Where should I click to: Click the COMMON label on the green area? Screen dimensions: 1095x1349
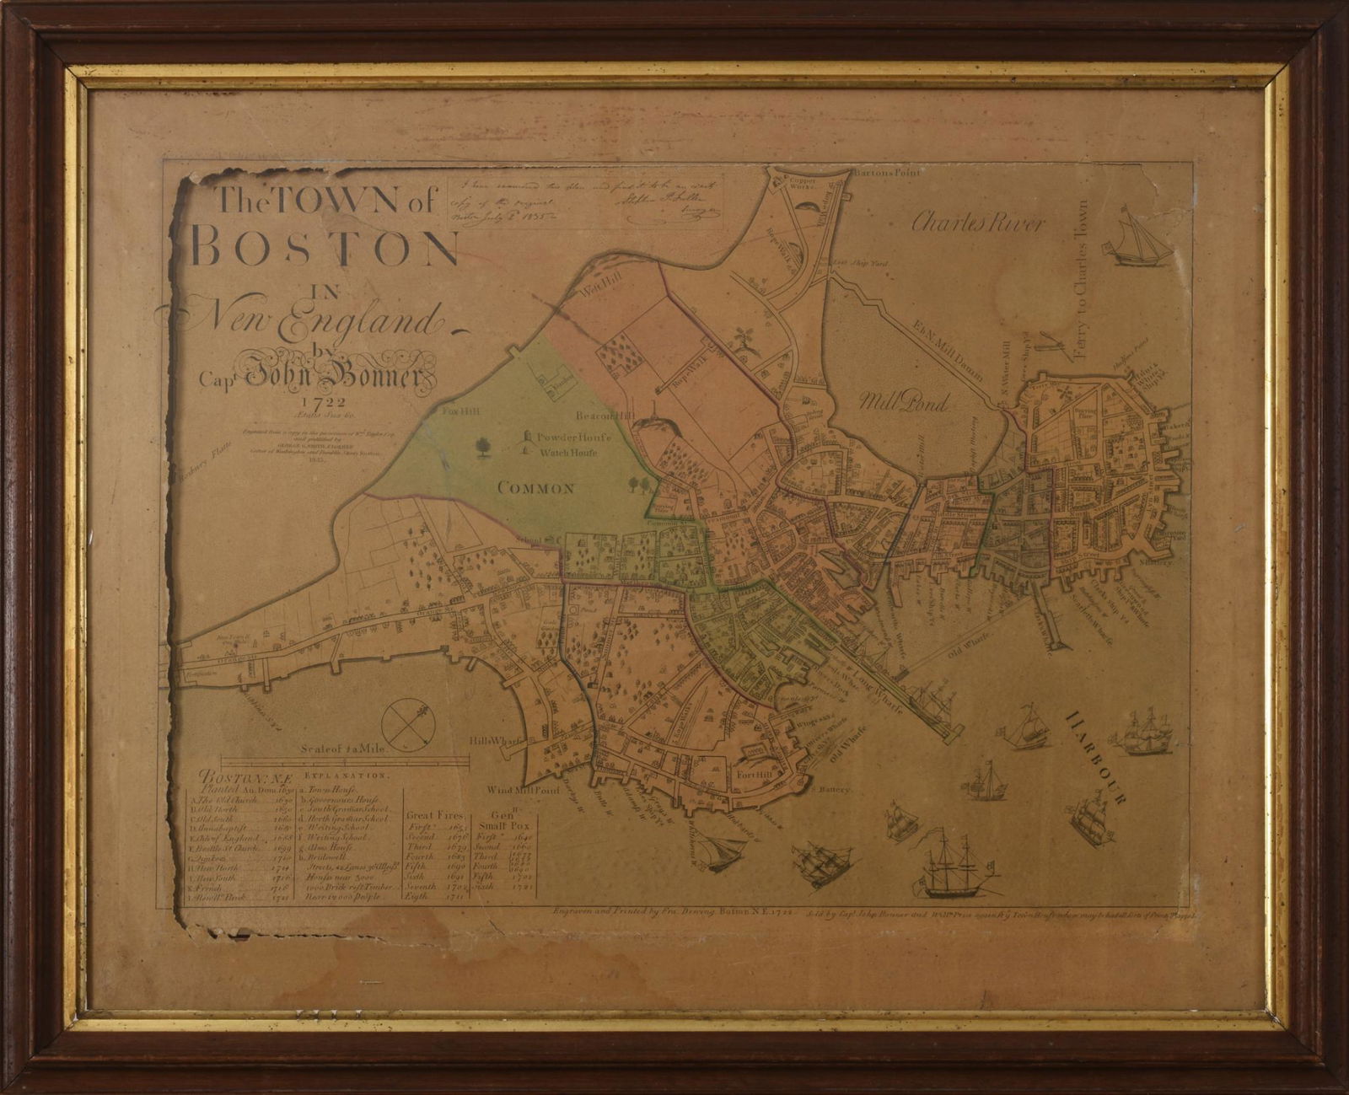point(535,487)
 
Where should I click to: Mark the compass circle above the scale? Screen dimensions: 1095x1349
point(407,717)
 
